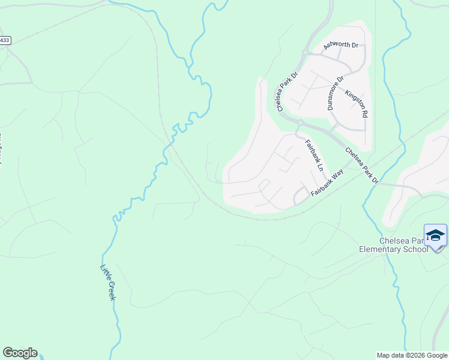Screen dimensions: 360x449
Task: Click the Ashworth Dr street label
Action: click(340, 44)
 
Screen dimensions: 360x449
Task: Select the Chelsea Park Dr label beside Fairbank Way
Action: click(363, 164)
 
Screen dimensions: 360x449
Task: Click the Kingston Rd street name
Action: click(356, 103)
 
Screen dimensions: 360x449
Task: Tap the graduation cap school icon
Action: click(435, 235)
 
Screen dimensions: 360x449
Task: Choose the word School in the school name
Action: click(415, 249)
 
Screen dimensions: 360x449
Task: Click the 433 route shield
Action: click(5, 40)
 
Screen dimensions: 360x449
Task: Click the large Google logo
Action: click(20, 353)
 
